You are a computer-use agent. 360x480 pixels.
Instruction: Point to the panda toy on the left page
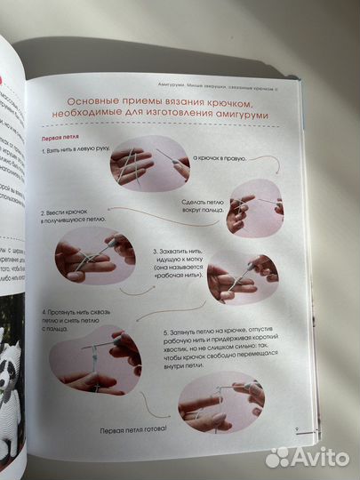coord(13,355)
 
